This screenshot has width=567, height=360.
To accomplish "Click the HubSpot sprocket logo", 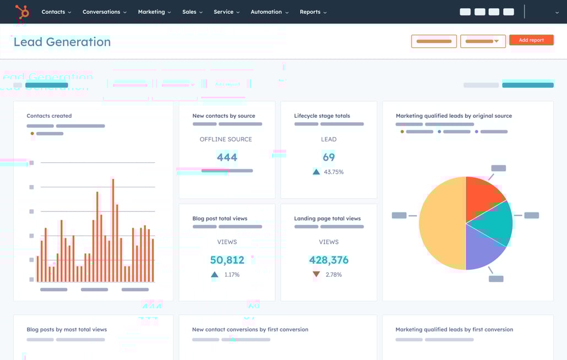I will pyautogui.click(x=22, y=12).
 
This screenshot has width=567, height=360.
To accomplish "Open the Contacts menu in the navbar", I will pyautogui.click(x=56, y=12).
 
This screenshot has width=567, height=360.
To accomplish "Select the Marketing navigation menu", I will pyautogui.click(x=154, y=12).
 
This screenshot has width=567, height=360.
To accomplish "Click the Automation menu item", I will pyautogui.click(x=269, y=12).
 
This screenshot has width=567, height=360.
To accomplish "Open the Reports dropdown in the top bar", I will pyautogui.click(x=313, y=12).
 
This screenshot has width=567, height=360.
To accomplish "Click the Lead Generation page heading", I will pyautogui.click(x=62, y=42).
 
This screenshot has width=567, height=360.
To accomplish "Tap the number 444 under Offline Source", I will pyautogui.click(x=227, y=157).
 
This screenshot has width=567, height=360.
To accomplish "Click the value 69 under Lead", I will pyautogui.click(x=329, y=157).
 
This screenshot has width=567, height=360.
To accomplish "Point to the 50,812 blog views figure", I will pyautogui.click(x=227, y=260).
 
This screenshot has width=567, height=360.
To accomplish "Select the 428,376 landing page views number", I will pyautogui.click(x=329, y=260).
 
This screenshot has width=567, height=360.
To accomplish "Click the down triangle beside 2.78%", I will pyautogui.click(x=316, y=274).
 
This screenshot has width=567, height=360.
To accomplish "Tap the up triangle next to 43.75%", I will pyautogui.click(x=316, y=172).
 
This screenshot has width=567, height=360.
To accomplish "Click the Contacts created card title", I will pyautogui.click(x=49, y=116).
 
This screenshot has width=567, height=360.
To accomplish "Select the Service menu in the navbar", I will pyautogui.click(x=226, y=12).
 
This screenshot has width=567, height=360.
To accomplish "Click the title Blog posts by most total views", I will pyautogui.click(x=67, y=330).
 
